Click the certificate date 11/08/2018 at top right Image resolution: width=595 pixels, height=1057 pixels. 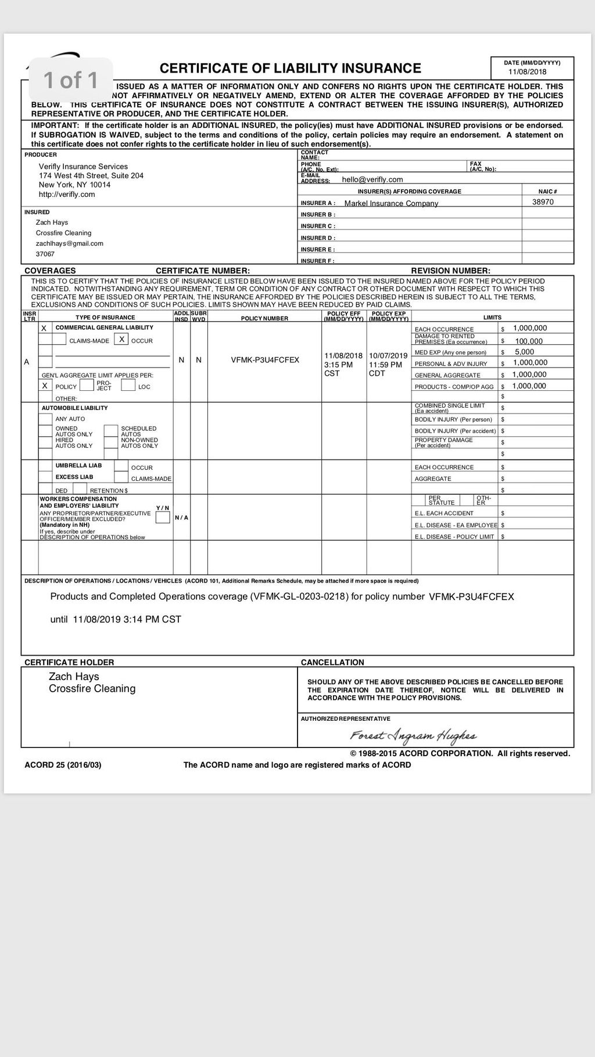pyautogui.click(x=528, y=72)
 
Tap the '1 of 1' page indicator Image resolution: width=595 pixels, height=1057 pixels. pyautogui.click(x=71, y=80)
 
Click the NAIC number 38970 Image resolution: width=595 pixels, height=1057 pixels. pyautogui.click(x=543, y=202)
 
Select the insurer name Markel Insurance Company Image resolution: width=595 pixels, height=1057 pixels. pyautogui.click(x=391, y=203)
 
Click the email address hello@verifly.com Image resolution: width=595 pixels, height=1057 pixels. pyautogui.click(x=372, y=179)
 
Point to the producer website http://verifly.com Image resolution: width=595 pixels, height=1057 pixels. pyautogui.click(x=67, y=195)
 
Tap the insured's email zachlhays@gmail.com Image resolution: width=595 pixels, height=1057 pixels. pyautogui.click(x=70, y=243)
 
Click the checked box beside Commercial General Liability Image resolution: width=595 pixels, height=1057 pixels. pyautogui.click(x=44, y=328)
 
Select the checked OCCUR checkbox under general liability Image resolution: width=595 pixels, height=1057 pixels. pyautogui.click(x=121, y=339)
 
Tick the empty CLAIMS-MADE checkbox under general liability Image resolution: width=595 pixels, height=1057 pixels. pyautogui.click(x=59, y=339)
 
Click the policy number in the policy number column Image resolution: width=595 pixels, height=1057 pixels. pyautogui.click(x=265, y=360)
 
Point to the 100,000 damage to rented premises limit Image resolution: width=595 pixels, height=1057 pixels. pyautogui.click(x=529, y=341)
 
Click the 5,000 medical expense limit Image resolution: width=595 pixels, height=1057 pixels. pyautogui.click(x=524, y=352)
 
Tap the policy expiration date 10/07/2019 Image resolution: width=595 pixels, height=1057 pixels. pyautogui.click(x=388, y=355)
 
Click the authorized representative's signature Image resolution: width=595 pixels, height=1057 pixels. pyautogui.click(x=413, y=736)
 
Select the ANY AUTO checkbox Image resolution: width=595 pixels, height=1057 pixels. pyautogui.click(x=45, y=419)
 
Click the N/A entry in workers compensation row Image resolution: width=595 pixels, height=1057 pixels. pyautogui.click(x=181, y=517)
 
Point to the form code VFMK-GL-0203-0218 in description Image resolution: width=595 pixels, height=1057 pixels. pyautogui.click(x=299, y=596)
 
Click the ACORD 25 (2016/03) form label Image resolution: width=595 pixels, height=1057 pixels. pyautogui.click(x=63, y=765)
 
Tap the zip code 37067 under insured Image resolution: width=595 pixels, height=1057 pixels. pyautogui.click(x=45, y=254)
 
